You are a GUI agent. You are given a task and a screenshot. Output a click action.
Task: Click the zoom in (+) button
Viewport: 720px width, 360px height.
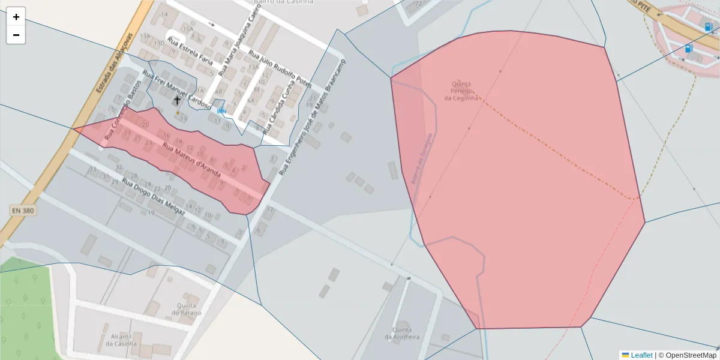[x=16, y=17]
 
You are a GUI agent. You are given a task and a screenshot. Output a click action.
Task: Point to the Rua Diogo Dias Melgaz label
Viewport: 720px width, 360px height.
[x=154, y=196]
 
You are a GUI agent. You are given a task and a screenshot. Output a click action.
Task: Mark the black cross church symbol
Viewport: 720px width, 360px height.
[x=177, y=100]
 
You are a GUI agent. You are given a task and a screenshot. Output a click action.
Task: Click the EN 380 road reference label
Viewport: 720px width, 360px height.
[x=23, y=211]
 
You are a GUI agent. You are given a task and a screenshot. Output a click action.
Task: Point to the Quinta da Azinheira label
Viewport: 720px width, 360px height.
[x=402, y=333]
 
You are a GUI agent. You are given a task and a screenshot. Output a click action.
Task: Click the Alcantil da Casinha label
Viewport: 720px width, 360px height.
[x=121, y=340]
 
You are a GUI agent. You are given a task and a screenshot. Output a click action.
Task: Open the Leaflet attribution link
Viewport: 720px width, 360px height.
[x=641, y=355]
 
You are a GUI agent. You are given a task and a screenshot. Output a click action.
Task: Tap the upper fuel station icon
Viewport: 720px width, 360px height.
[x=709, y=26]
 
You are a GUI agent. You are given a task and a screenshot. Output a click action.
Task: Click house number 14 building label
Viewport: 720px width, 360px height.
[x=164, y=14]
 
